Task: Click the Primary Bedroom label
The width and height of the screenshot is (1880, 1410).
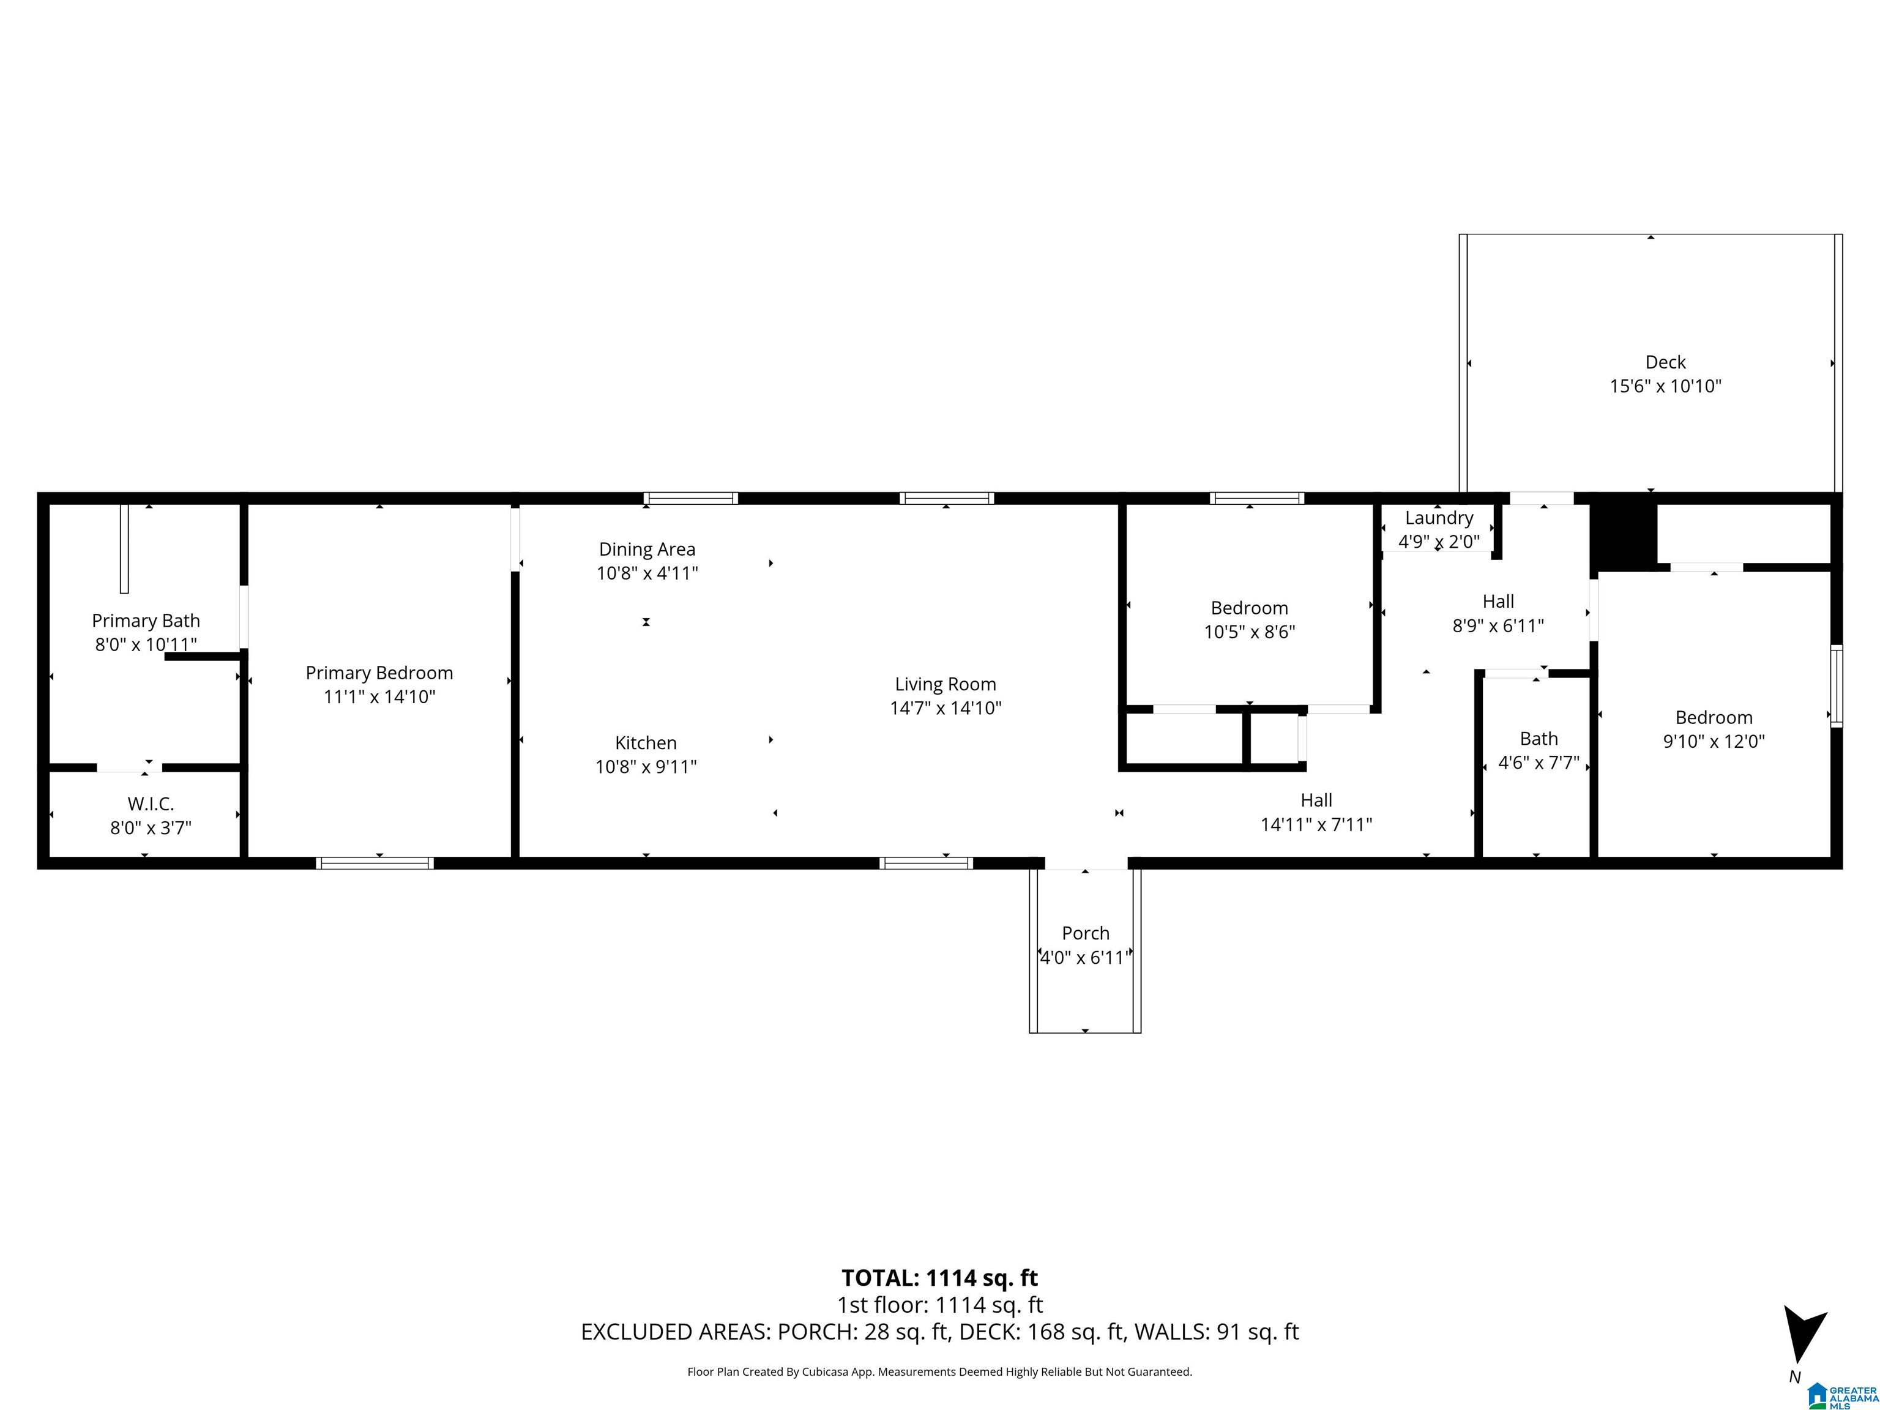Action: pos(379,673)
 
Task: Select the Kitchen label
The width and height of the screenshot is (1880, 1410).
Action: pos(646,743)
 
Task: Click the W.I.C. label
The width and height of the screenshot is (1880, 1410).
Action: pos(151,804)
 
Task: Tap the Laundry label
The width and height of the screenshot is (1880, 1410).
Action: pos(1439,518)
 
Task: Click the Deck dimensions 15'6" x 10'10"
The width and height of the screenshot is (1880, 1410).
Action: pos(1665,386)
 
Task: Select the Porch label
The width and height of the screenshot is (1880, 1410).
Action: pos(1085,933)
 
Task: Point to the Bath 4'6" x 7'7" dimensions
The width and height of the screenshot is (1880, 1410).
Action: pos(1539,763)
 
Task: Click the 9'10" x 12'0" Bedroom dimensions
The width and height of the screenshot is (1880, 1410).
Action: pos(1714,741)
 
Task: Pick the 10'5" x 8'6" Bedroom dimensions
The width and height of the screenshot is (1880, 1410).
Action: pos(1250,632)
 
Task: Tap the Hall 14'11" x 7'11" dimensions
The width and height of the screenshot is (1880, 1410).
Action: pos(1316,824)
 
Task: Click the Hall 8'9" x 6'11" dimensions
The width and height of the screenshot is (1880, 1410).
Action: pos(1498,625)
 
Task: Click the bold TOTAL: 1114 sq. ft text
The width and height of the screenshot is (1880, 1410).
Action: pos(939,1278)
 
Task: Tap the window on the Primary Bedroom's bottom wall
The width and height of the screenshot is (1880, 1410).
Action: pos(375,864)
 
